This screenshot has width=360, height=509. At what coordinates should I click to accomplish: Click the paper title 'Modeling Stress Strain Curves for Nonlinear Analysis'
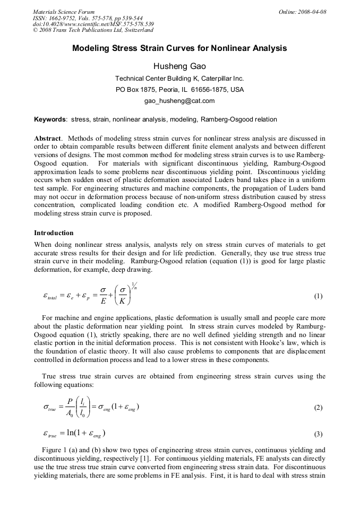(x=179, y=48)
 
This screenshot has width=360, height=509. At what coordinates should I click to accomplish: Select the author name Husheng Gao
(x=179, y=66)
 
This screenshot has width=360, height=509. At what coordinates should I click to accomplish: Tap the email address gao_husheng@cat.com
(x=179, y=100)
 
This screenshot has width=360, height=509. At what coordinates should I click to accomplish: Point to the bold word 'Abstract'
(x=48, y=138)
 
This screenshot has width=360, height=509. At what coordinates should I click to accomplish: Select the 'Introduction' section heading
(x=54, y=233)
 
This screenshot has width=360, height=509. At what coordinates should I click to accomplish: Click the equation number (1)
(x=318, y=296)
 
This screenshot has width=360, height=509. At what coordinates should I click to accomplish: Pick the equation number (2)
(x=318, y=408)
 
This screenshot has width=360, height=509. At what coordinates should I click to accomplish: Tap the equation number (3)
(x=318, y=434)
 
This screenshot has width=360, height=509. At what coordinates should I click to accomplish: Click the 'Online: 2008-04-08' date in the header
(x=302, y=12)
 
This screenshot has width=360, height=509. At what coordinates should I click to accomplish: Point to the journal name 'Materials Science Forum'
(x=64, y=12)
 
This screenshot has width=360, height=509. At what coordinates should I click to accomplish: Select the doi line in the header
(x=93, y=24)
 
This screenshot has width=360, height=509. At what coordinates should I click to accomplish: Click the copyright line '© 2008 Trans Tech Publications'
(x=93, y=30)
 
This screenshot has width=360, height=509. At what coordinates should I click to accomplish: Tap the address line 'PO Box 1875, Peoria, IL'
(x=179, y=89)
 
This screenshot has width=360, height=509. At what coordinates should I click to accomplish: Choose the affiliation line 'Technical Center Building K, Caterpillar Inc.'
(x=179, y=79)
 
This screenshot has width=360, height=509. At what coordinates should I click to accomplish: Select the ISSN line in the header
(x=85, y=18)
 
